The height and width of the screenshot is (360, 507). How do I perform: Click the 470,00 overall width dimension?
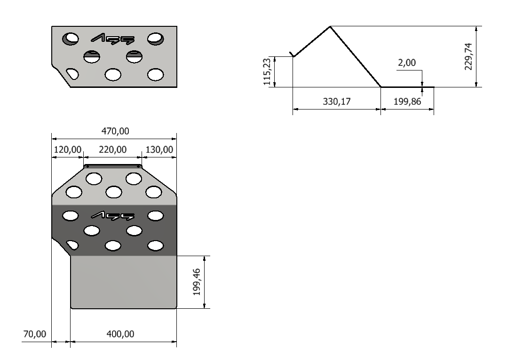[115, 131]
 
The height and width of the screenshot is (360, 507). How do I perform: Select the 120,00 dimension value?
[68, 149]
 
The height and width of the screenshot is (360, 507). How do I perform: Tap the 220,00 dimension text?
[112, 149]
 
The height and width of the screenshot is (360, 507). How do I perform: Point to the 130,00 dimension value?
[159, 149]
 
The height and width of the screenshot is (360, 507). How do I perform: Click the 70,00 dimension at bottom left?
[35, 334]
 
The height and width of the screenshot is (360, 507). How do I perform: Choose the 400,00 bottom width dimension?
[120, 334]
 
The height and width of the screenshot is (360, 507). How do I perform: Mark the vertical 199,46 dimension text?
[197, 282]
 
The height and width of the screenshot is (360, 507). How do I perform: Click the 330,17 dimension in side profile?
[337, 102]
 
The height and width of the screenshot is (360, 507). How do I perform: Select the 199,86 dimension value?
[407, 102]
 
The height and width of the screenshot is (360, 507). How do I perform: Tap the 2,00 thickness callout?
[407, 63]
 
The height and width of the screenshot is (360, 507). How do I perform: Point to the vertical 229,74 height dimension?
[468, 56]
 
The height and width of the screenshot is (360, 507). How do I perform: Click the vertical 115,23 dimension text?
[267, 72]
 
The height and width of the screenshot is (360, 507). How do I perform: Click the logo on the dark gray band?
[112, 216]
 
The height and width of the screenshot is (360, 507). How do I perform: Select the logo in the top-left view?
[112, 39]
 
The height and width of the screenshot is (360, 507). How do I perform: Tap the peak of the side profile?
[330, 26]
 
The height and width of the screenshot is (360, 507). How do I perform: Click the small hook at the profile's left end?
[292, 54]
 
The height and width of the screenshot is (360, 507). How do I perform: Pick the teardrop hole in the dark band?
[72, 245]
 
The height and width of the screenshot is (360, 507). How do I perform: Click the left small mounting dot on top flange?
[87, 167]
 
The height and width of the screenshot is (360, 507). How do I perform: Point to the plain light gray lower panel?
[124, 282]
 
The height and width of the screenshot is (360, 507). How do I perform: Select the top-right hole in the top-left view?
[156, 39]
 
